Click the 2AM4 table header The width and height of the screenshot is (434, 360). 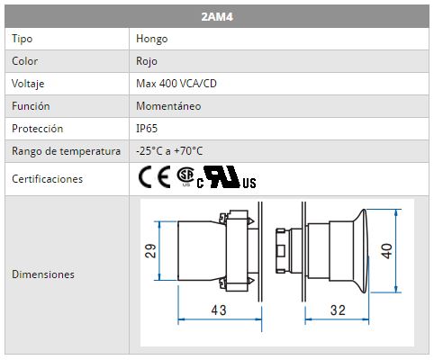click(x=217, y=16)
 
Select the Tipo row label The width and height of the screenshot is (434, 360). click(x=22, y=39)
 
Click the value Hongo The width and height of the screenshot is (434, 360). click(x=151, y=39)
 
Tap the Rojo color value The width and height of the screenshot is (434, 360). click(x=147, y=61)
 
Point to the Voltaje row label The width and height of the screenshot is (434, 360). click(x=28, y=84)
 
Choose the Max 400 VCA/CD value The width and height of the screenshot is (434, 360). click(x=176, y=84)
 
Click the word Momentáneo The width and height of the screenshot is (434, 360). click(x=168, y=106)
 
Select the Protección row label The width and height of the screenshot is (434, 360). click(x=37, y=129)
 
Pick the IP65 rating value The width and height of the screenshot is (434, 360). click(x=147, y=129)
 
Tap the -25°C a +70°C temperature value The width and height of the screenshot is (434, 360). click(x=169, y=151)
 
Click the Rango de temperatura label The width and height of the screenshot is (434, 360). click(x=66, y=151)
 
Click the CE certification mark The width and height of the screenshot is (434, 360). click(x=154, y=177)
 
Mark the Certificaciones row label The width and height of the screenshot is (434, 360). click(x=47, y=179)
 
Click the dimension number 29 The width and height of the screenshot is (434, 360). click(x=150, y=251)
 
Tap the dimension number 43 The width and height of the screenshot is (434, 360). click(x=219, y=310)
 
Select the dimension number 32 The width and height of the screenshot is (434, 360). click(x=338, y=310)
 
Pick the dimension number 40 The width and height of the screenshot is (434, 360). click(x=386, y=251)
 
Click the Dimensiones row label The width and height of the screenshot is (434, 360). click(x=43, y=274)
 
